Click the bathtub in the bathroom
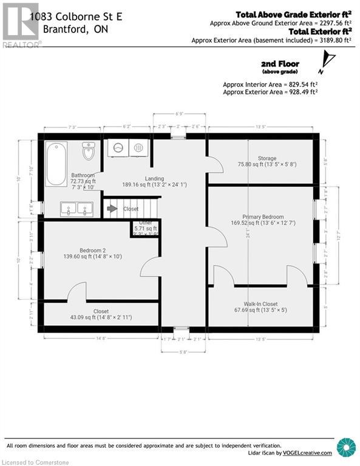tap(57, 164)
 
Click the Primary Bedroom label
tap(262, 217)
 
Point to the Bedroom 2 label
tap(92, 250)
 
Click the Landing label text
tap(154, 178)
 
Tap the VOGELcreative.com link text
tap(308, 453)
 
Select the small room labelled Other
tap(141, 226)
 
